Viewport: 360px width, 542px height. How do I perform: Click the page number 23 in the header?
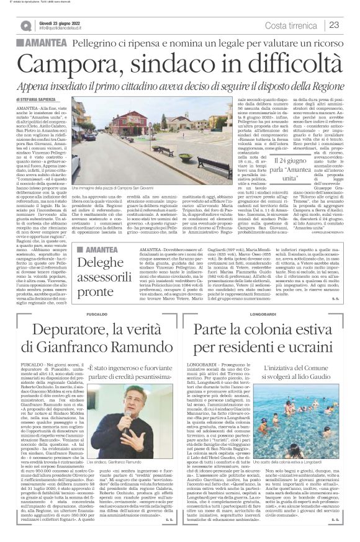pos(334,25)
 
